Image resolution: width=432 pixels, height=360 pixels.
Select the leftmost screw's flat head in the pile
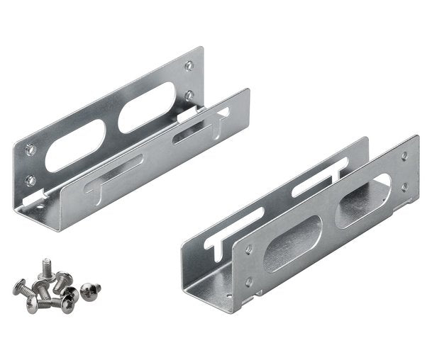click(x=19, y=287)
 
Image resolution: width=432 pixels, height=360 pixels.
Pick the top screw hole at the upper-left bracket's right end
click(x=189, y=67)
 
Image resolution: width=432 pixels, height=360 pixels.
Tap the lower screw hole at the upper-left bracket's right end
click(x=189, y=94)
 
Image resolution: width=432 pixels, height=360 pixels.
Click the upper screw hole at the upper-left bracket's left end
click(x=29, y=150)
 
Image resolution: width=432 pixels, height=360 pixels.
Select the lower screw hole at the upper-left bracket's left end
click(x=31, y=180)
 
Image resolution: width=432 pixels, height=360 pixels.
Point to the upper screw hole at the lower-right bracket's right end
click(x=404, y=155)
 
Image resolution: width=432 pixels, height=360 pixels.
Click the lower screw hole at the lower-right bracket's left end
click(x=248, y=282)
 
